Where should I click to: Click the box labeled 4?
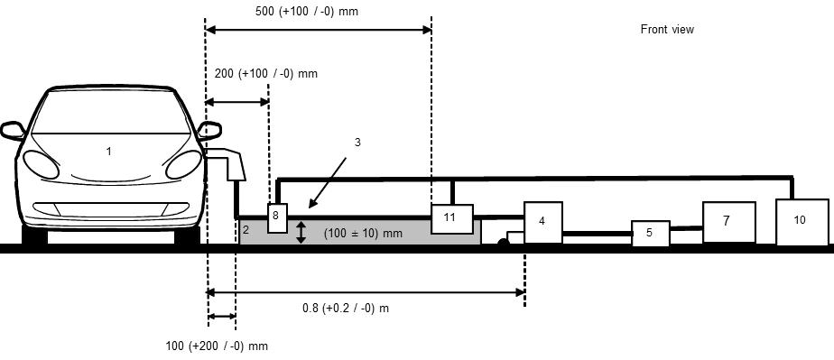pos(543,222)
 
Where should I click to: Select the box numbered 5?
pos(651,234)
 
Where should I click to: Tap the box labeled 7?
pos(729,222)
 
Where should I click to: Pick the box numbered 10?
pos(802,222)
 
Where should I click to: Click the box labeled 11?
pos(452,218)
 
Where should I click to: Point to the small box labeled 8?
pos(277,217)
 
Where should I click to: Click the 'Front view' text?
pos(667,30)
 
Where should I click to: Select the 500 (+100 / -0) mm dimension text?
pos(307,11)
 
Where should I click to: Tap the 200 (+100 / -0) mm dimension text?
pos(266,73)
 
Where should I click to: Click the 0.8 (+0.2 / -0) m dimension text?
pos(346,308)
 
